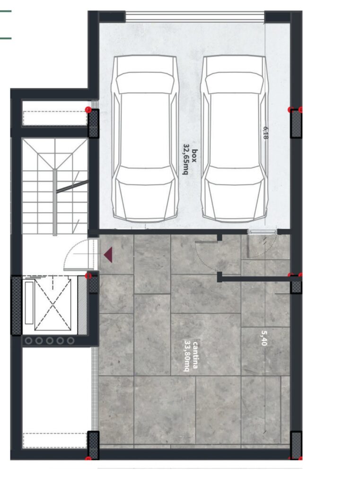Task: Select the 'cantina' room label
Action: click(x=195, y=355)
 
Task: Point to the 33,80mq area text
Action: click(x=187, y=355)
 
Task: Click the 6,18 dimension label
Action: click(x=265, y=132)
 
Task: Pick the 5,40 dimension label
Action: click(x=263, y=338)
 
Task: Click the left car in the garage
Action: click(x=145, y=138)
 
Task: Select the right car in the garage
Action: click(x=235, y=138)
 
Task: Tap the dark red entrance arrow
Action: click(x=108, y=255)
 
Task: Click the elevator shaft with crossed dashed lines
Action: click(x=53, y=304)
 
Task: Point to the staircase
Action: click(x=55, y=186)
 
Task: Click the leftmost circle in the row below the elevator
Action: click(x=28, y=341)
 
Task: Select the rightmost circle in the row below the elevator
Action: click(x=71, y=341)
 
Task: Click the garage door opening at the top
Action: click(x=195, y=17)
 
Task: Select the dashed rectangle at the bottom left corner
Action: click(x=55, y=441)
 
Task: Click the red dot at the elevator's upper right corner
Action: click(x=88, y=276)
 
